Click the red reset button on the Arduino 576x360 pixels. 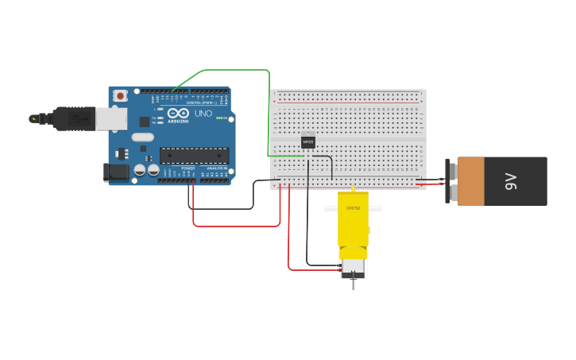point(120,96)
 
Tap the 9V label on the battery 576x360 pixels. point(512,181)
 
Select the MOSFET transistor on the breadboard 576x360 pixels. point(308,141)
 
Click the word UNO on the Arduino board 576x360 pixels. point(203,114)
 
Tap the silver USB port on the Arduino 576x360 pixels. point(110,118)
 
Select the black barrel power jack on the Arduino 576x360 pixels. point(117,172)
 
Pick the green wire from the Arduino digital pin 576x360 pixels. point(230,70)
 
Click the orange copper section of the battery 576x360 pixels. point(471,181)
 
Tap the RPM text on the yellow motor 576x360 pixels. point(353,208)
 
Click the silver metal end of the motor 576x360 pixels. point(353,269)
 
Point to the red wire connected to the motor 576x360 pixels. point(289,238)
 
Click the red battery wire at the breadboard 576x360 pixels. point(430,185)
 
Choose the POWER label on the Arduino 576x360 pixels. point(188,168)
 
